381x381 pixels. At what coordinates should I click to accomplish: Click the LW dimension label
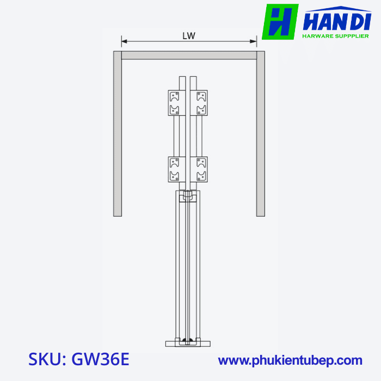[189, 36]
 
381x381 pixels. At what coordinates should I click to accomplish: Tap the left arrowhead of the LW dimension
[124, 41]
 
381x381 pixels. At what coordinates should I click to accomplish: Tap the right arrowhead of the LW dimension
[254, 41]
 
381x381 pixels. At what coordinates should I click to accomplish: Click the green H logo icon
[280, 22]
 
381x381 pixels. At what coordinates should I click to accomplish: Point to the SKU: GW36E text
[79, 360]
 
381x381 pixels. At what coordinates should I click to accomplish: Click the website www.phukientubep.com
[290, 360]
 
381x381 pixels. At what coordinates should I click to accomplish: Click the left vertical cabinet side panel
[117, 133]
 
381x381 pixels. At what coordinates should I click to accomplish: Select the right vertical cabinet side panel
[260, 133]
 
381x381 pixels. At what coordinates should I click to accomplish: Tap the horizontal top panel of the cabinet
[189, 55]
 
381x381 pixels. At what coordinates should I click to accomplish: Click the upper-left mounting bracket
[175, 102]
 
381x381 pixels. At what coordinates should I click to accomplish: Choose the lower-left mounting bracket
[175, 169]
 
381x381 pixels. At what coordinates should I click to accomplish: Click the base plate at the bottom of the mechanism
[188, 343]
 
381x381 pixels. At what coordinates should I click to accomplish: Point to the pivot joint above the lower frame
[188, 194]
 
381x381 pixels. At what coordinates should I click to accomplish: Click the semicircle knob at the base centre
[188, 341]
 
